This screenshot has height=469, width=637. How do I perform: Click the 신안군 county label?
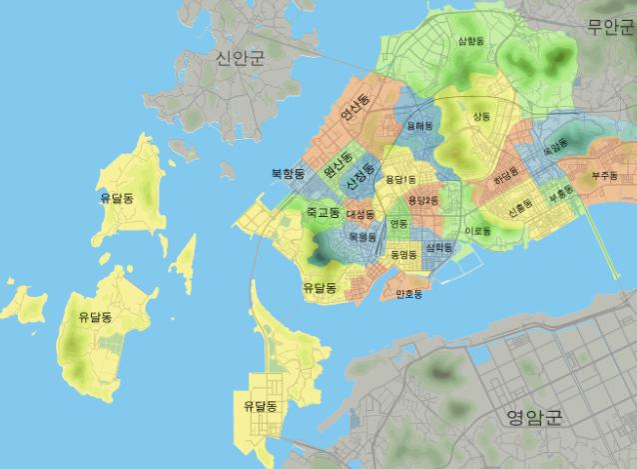pyautogui.click(x=241, y=58)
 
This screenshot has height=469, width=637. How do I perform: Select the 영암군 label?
pyautogui.click(x=534, y=416)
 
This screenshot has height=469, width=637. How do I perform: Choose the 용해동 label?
pyautogui.click(x=419, y=126)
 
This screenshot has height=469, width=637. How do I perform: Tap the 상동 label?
pyautogui.click(x=481, y=117)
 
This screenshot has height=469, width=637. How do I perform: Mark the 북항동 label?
pyautogui.click(x=287, y=173)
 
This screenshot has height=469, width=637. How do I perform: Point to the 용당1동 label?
pyautogui.click(x=397, y=180)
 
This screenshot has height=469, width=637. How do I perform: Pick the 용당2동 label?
pyautogui.click(x=423, y=200)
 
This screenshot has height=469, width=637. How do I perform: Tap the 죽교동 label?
pyautogui.click(x=322, y=213)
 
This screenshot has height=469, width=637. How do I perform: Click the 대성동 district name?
pyautogui.click(x=360, y=214)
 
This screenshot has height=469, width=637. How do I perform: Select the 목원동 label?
pyautogui.click(x=362, y=237)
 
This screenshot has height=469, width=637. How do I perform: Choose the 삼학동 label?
pyautogui.click(x=438, y=247)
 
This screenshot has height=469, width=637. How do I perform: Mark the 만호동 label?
pyautogui.click(x=409, y=294)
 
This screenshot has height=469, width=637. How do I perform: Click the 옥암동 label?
pyautogui.click(x=553, y=147)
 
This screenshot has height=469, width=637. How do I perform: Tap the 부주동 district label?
pyautogui.click(x=605, y=175)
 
